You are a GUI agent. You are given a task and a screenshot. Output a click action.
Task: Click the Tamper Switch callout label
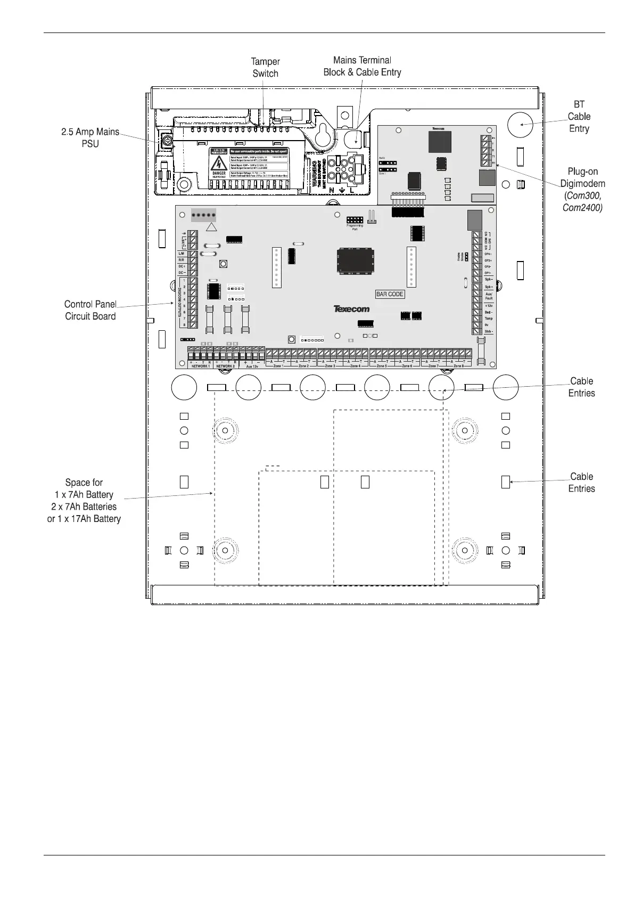[265, 68]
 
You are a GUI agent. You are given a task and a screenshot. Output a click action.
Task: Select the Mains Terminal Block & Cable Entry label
[362, 66]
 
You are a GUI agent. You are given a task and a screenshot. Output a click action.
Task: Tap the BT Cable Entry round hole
[520, 125]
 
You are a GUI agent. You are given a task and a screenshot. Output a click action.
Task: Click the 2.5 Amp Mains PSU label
[90, 137]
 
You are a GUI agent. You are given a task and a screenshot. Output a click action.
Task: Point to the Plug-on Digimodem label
[582, 189]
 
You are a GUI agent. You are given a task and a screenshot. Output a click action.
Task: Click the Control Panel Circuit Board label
[90, 310]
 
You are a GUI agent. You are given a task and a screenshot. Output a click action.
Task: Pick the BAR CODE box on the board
[390, 294]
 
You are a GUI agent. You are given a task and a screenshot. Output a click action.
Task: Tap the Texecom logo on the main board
[351, 308]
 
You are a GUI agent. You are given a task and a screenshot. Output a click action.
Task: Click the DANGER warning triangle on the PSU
[219, 163]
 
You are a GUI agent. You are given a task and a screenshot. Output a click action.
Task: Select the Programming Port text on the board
[355, 227]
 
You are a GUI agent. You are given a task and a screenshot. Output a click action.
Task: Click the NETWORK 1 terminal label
[200, 366]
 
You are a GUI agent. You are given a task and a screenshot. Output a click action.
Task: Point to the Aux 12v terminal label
[252, 366]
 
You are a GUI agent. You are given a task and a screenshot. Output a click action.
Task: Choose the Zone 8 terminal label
[458, 366]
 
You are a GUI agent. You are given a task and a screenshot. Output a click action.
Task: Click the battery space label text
[84, 501]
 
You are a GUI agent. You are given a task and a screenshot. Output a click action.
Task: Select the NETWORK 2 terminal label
[225, 366]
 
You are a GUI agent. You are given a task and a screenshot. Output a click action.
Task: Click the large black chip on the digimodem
[440, 141]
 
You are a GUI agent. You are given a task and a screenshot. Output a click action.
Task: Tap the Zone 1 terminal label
[278, 366]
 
